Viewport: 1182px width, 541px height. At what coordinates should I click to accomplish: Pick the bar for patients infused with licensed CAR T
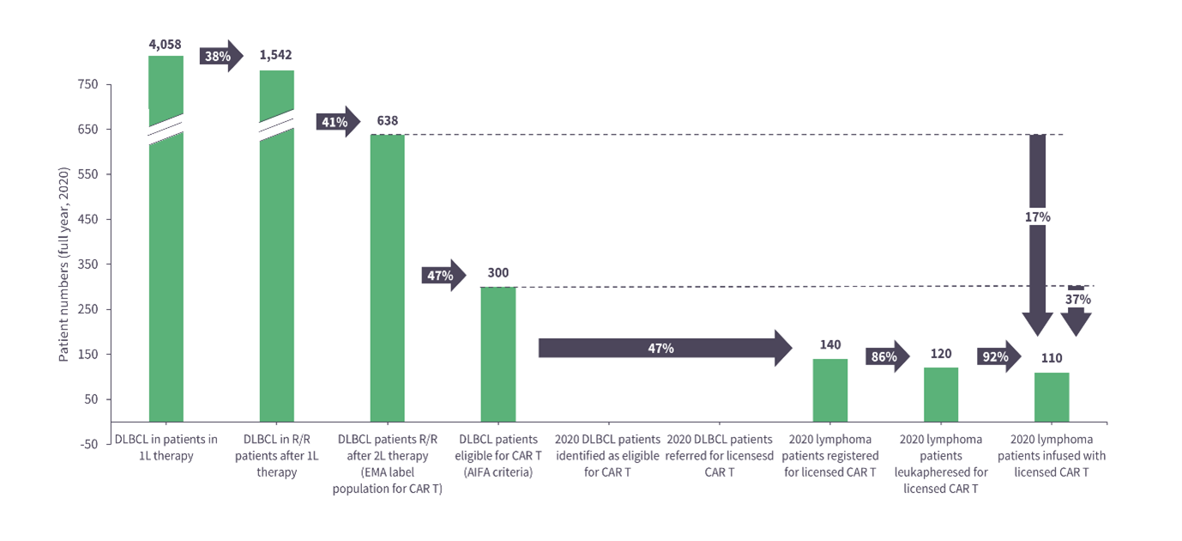pos(1051,397)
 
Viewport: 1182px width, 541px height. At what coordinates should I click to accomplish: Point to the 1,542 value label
pos(276,55)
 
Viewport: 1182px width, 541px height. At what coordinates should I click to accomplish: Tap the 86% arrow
pos(887,356)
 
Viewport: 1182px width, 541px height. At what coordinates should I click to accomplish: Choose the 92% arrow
pos(998,356)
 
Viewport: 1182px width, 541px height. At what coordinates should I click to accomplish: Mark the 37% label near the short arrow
pos(1077,300)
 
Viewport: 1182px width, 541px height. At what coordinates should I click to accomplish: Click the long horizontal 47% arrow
pos(660,348)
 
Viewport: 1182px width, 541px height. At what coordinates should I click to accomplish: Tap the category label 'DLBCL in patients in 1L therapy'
pos(166,447)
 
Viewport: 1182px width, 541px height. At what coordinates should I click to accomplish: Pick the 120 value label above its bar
pos(940,354)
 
